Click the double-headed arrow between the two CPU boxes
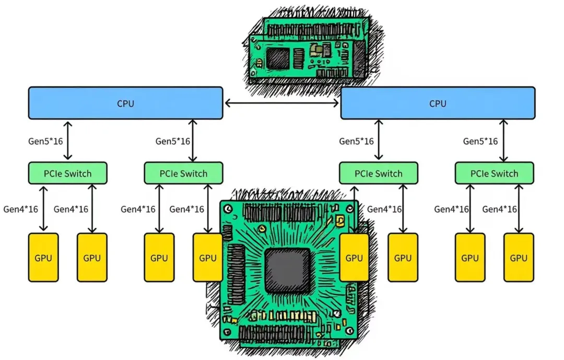[282, 103]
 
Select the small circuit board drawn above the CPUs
[309, 50]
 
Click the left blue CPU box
[125, 103]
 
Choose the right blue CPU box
[438, 103]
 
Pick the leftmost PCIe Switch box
[67, 173]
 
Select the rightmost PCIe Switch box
[494, 173]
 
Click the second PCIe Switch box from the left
[183, 173]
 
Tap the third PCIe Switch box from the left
[378, 173]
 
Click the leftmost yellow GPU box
[43, 258]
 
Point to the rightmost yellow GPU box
[519, 258]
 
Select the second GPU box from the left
[92, 258]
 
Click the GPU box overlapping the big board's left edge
[208, 258]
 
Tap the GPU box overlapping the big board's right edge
[354, 258]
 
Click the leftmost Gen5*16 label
[45, 141]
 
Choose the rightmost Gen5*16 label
[480, 141]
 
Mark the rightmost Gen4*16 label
[500, 209]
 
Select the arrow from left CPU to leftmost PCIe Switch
[67, 141]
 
